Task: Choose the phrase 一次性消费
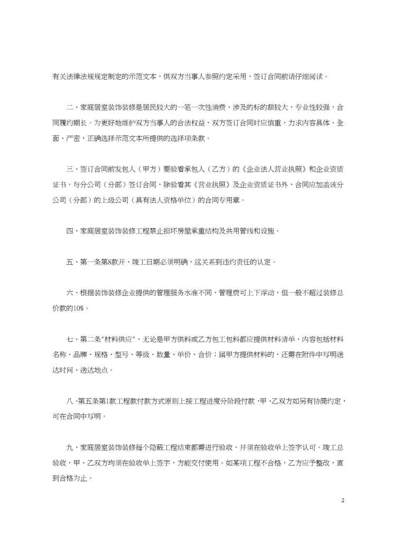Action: (x=212, y=107)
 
